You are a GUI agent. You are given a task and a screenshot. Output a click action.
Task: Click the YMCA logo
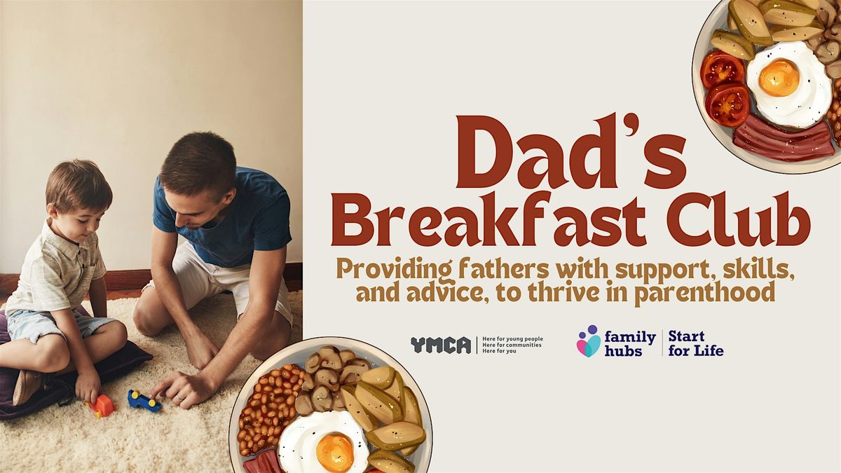pyautogui.click(x=441, y=345)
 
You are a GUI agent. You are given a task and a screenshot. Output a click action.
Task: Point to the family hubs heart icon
pyautogui.click(x=588, y=342)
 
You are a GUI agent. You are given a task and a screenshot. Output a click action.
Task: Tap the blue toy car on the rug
pyautogui.click(x=144, y=401)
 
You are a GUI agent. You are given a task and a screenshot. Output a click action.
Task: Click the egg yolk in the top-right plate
pyautogui.click(x=779, y=77)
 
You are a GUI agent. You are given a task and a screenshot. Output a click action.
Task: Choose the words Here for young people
pyautogui.click(x=512, y=338)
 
